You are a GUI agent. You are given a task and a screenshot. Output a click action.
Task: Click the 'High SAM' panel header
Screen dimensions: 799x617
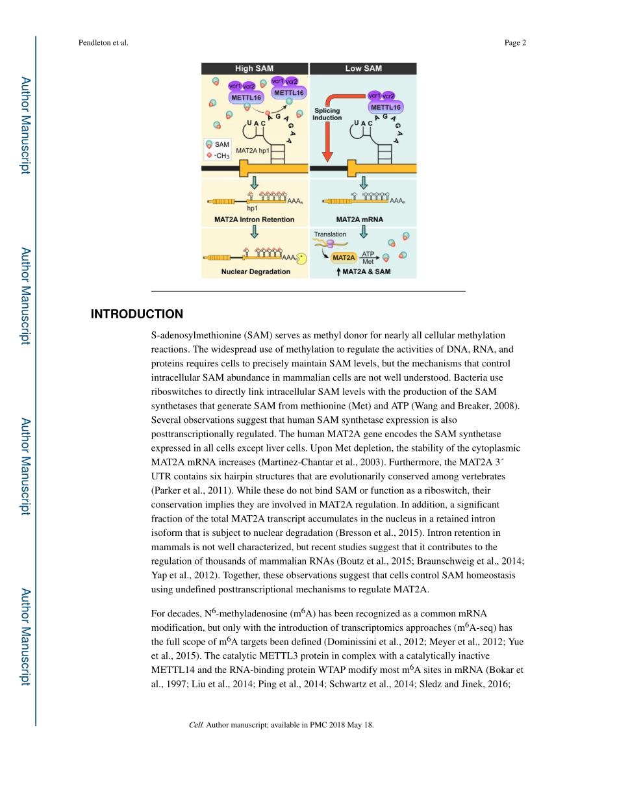tap(254, 68)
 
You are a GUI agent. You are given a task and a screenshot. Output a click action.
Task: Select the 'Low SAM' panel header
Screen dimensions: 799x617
tap(363, 68)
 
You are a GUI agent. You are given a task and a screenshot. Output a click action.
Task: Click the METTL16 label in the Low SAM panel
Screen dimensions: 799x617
tap(385, 107)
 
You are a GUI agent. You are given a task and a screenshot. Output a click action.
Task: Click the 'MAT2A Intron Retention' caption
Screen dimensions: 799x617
tap(254, 220)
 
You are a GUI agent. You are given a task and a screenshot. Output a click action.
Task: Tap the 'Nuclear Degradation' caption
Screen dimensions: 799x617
tap(255, 272)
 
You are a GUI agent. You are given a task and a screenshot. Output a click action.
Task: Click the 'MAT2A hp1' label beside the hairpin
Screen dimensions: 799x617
tap(253, 150)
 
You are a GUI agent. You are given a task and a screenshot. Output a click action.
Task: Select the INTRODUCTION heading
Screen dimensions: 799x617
tap(136, 314)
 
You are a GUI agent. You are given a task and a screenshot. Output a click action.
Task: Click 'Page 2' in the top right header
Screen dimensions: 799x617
tap(514, 43)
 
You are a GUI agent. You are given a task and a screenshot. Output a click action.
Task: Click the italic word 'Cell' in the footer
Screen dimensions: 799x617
tap(195, 725)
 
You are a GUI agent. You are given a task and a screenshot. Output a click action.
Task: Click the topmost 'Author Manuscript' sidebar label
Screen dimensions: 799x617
tap(25, 125)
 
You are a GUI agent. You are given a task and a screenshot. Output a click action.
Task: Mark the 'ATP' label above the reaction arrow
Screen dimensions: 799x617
tap(368, 254)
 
